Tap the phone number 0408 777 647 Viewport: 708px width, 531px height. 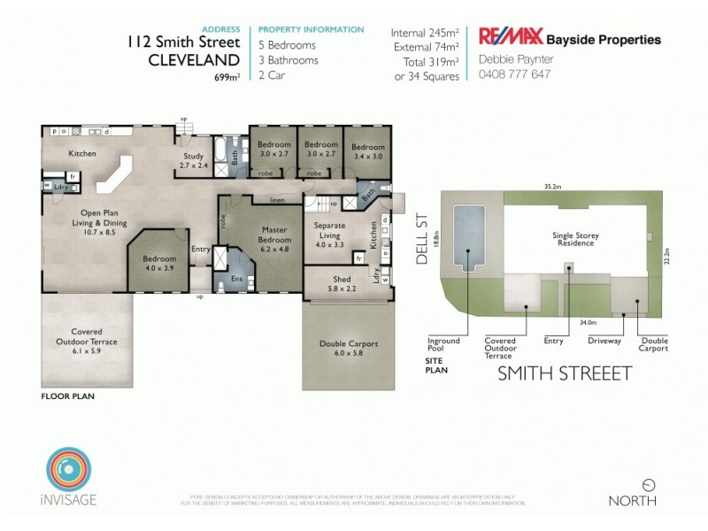click(x=514, y=74)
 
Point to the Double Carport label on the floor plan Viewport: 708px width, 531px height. click(x=345, y=348)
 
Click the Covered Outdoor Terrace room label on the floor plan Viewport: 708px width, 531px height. click(x=88, y=341)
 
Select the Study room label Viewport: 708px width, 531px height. click(x=193, y=161)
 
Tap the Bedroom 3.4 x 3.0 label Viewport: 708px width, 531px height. click(x=368, y=151)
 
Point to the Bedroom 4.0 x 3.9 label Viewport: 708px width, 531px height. click(x=159, y=263)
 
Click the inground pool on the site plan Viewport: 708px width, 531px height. click(x=468, y=235)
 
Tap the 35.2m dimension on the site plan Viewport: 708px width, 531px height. click(x=555, y=187)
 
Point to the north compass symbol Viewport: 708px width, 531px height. click(x=649, y=485)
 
